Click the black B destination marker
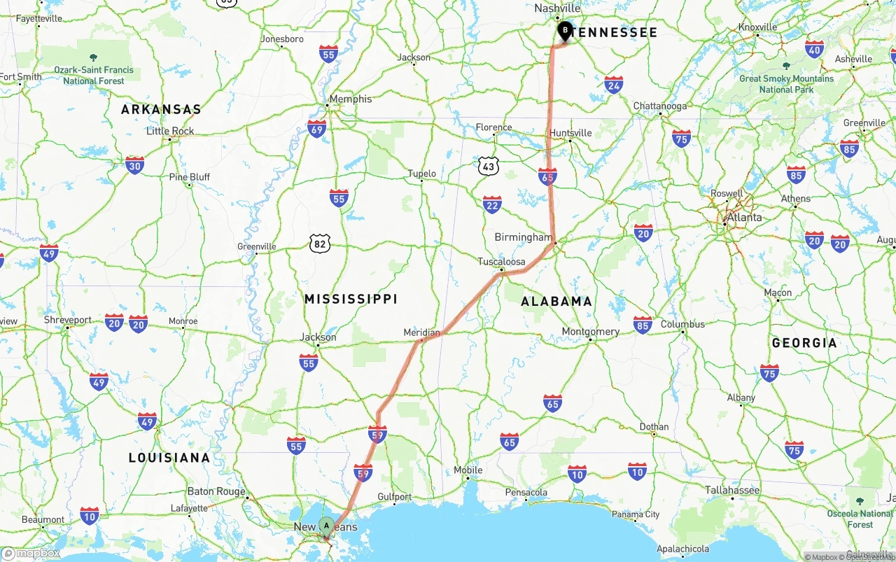tap(565, 31)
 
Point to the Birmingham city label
tap(523, 237)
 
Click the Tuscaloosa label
tap(501, 262)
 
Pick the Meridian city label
tap(421, 332)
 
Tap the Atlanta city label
tap(744, 218)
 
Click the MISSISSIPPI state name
tap(351, 299)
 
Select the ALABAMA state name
tap(556, 301)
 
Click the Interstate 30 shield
tap(135, 164)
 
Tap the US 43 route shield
tap(489, 166)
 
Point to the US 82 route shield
tap(320, 244)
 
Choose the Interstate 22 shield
tap(492, 204)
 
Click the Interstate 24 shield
tap(614, 85)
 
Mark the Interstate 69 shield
tap(316, 128)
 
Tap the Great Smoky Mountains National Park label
tap(786, 84)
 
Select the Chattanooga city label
tap(660, 106)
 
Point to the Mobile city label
tap(468, 470)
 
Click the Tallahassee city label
tap(732, 490)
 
